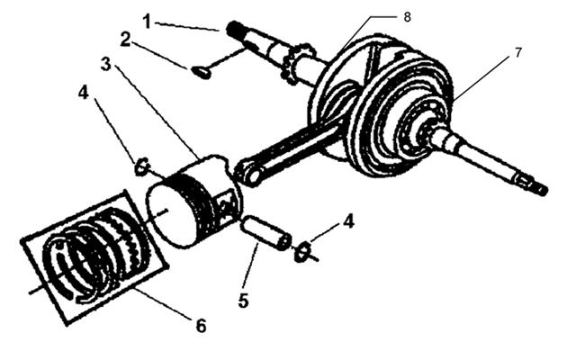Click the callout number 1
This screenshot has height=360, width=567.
[147, 21]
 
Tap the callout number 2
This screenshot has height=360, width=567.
[125, 40]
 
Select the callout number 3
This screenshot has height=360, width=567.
[105, 64]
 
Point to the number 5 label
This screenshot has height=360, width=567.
[243, 301]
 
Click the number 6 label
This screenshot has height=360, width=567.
[201, 326]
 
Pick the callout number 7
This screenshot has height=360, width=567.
[518, 53]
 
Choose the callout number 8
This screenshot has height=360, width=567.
[407, 17]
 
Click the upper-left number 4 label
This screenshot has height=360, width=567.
[83, 93]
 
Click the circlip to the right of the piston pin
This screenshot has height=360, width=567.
[302, 251]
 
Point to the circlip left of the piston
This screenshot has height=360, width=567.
[142, 166]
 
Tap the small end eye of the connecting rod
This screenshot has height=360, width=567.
[247, 173]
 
